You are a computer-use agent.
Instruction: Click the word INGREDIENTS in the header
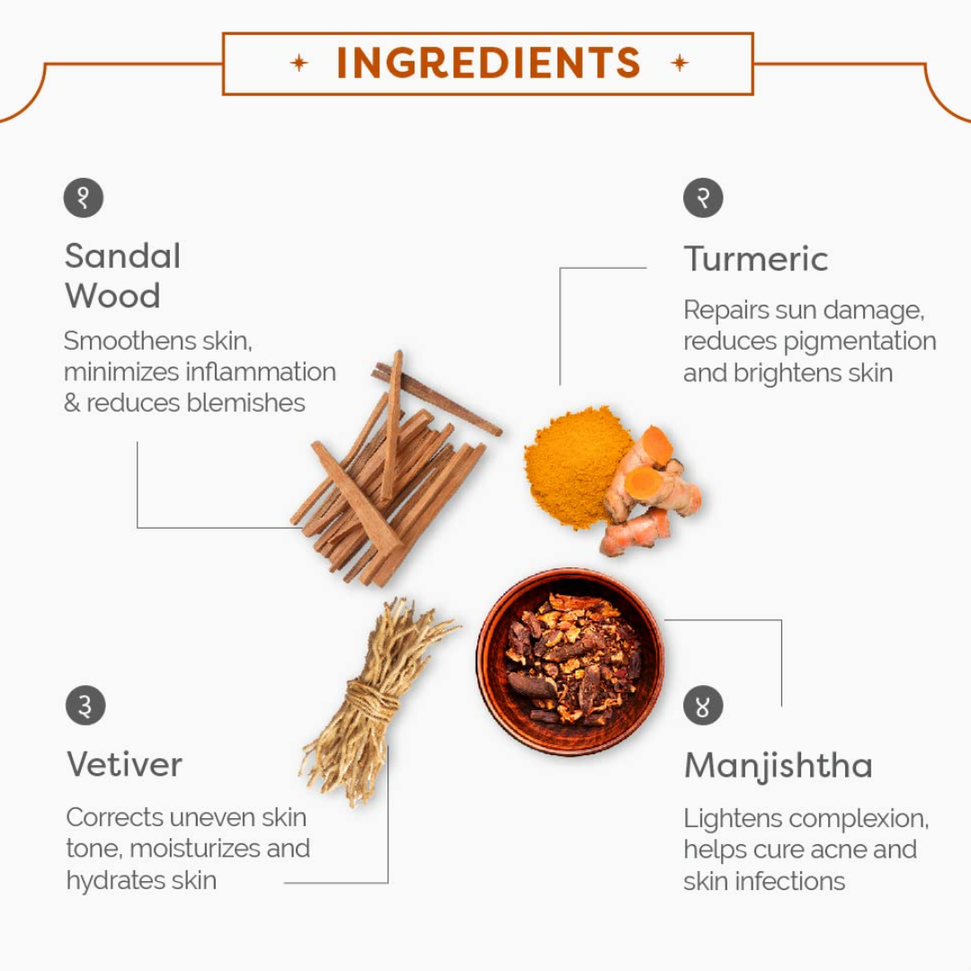488,63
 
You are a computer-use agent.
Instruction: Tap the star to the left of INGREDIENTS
299,63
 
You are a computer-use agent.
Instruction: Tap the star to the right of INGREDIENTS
680,63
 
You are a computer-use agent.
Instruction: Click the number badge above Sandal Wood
84,198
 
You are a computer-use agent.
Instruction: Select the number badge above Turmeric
703,198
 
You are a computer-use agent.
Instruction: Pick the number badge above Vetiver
85,706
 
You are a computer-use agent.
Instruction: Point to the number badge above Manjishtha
703,706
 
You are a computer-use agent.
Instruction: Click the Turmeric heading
756,258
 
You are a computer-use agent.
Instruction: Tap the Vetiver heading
124,764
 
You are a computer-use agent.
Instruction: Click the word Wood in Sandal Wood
112,296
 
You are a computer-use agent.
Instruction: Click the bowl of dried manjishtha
570,662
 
